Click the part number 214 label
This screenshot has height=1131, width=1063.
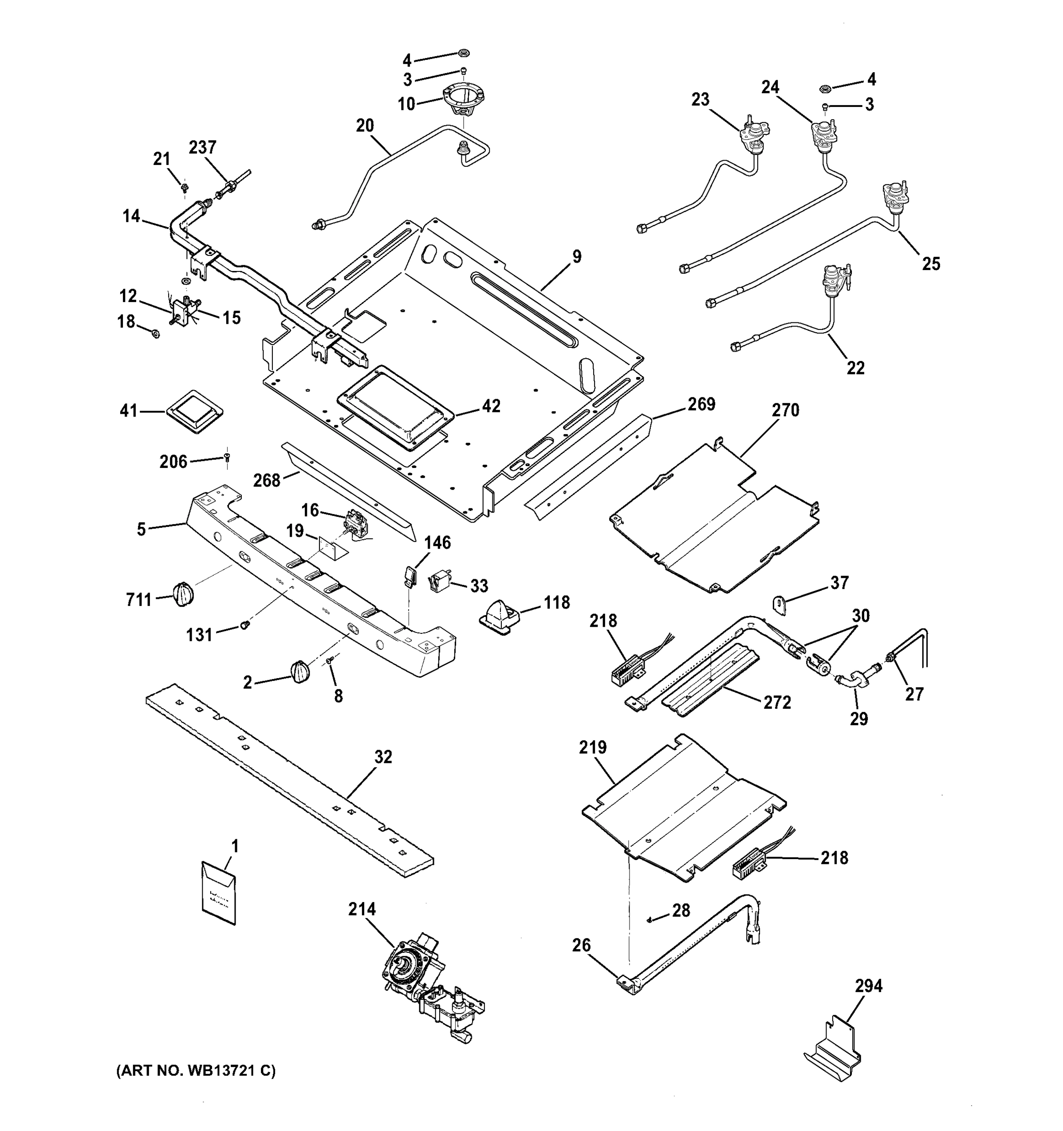coord(362,909)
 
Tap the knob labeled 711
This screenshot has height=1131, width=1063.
coord(183,595)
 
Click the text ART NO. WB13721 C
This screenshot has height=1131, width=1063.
coord(196,1071)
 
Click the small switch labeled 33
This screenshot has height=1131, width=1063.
coord(441,582)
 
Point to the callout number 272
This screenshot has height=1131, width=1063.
coord(777,703)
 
